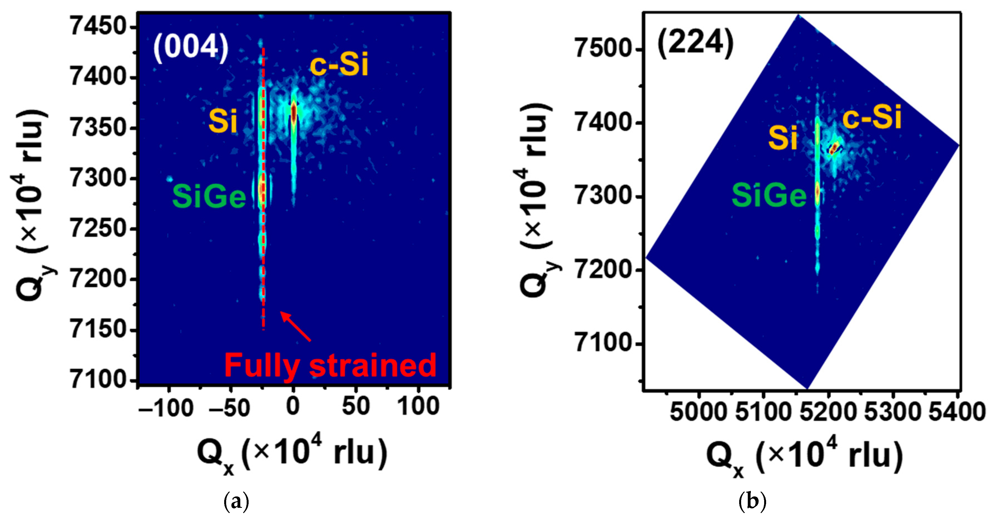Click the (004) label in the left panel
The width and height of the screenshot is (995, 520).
click(x=191, y=47)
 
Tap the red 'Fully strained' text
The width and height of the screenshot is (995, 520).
click(x=330, y=365)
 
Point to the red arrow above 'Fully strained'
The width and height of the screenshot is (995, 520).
click(x=296, y=326)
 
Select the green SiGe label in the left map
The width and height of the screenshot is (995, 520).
click(x=209, y=196)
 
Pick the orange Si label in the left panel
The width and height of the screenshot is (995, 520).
click(x=223, y=121)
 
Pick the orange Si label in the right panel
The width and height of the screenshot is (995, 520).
click(x=782, y=138)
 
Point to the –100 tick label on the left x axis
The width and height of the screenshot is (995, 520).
click(x=166, y=408)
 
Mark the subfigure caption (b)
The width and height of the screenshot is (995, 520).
click(x=752, y=501)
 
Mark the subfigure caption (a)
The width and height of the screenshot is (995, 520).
click(x=236, y=501)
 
